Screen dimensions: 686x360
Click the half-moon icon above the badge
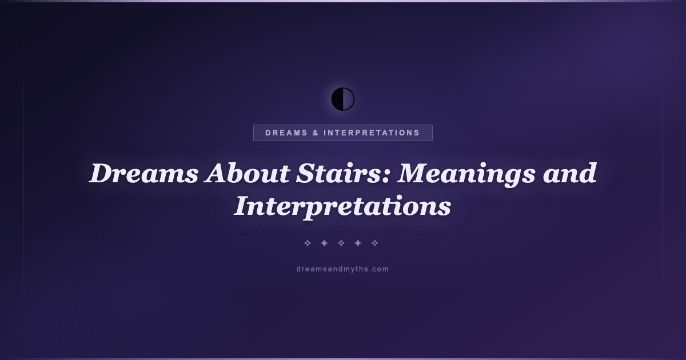pos(343,99)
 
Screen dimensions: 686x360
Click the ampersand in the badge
pos(316,133)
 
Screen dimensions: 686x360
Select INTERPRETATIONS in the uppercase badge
pos(372,133)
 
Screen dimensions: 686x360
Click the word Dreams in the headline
pos(143,173)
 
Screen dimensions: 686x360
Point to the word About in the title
pos(247,173)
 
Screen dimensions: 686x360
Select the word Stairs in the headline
pos(340,173)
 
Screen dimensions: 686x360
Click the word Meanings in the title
pos(466,174)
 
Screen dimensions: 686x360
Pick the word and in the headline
pos(569,173)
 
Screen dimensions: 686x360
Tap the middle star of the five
pos(341,243)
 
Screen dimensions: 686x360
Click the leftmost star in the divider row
pos(308,243)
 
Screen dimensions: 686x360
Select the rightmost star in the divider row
pos(374,243)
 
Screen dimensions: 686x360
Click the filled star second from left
pos(324,243)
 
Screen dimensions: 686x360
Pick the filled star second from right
pos(358,243)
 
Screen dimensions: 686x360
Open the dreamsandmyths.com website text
pos(342,269)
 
